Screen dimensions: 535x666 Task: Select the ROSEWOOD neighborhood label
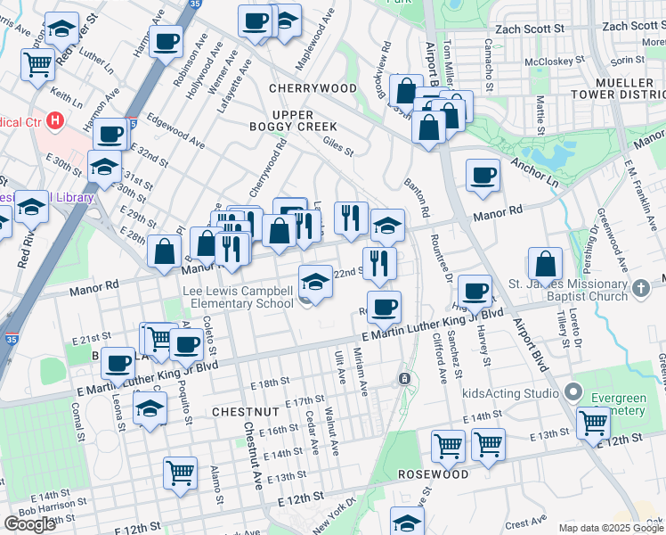[433, 474]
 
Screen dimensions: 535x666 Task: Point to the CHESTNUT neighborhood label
[246, 412]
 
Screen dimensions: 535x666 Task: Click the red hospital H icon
[56, 119]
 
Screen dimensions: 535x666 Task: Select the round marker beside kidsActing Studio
[573, 391]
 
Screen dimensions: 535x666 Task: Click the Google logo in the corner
[29, 524]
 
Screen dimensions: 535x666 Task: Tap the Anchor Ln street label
[534, 173]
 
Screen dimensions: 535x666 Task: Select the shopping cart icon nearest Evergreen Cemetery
[593, 423]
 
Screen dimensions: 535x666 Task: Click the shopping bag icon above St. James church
[545, 264]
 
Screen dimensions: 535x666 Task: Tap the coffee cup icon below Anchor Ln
[483, 174]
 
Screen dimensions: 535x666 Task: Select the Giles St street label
[338, 141]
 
